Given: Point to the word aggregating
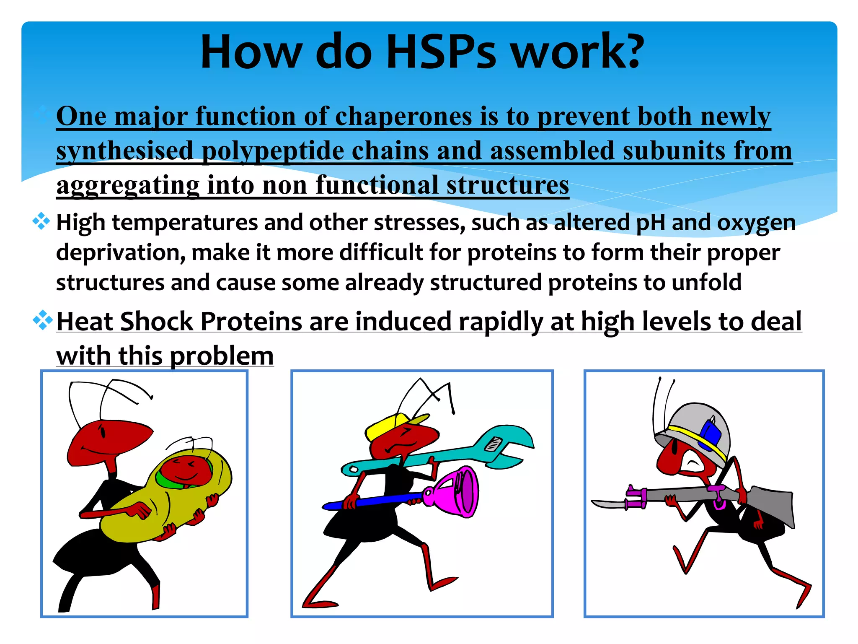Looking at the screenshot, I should (x=128, y=185).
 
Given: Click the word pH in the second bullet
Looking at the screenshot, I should (x=650, y=223).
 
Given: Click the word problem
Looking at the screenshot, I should (x=222, y=356).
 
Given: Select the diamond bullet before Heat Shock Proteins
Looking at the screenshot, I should (x=42, y=321).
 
